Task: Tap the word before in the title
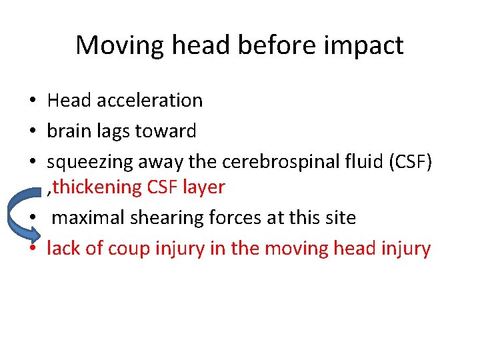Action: tap(270, 45)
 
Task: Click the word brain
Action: tap(68, 131)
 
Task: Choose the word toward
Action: tap(166, 131)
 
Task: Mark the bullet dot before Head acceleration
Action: tap(32, 101)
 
